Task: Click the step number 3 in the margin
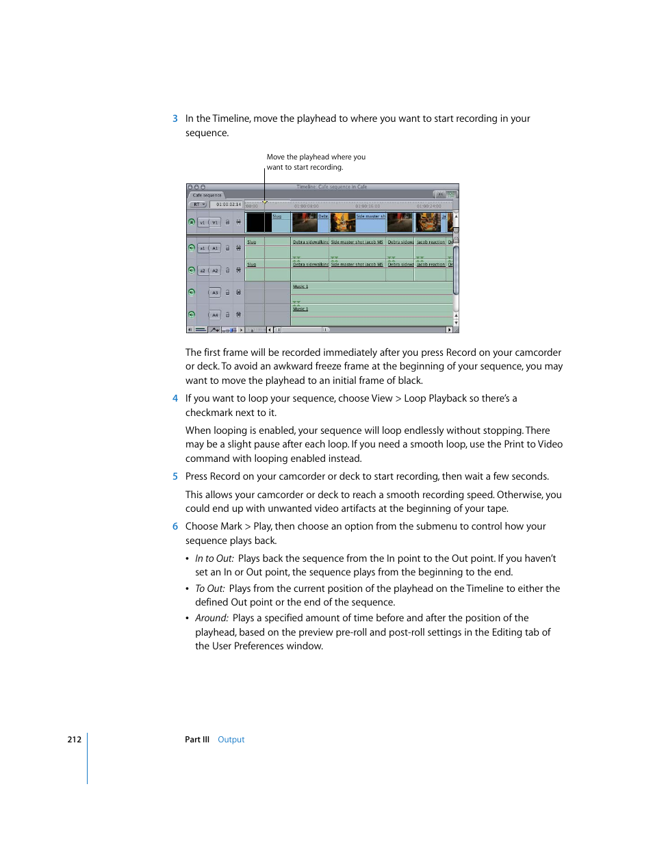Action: [x=175, y=119]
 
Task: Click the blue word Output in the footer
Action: [x=231, y=740]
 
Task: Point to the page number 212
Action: [x=74, y=740]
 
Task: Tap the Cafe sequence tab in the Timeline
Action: [x=207, y=195]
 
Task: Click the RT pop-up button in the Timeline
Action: [x=199, y=205]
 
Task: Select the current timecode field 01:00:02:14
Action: [x=229, y=205]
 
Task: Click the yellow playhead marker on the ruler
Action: [x=265, y=202]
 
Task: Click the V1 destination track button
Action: [x=215, y=222]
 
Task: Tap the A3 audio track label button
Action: [x=215, y=293]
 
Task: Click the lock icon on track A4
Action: [x=228, y=315]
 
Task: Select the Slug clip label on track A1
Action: [x=252, y=242]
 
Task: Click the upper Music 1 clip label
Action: [x=300, y=287]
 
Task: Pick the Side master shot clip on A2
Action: [x=357, y=264]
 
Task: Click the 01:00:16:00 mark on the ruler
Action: [x=368, y=206]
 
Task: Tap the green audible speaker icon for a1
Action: [x=192, y=248]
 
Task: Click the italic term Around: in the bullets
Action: [x=212, y=619]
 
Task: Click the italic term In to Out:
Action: [x=214, y=559]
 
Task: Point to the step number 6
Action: [x=175, y=527]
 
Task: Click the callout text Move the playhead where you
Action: [x=316, y=157]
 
